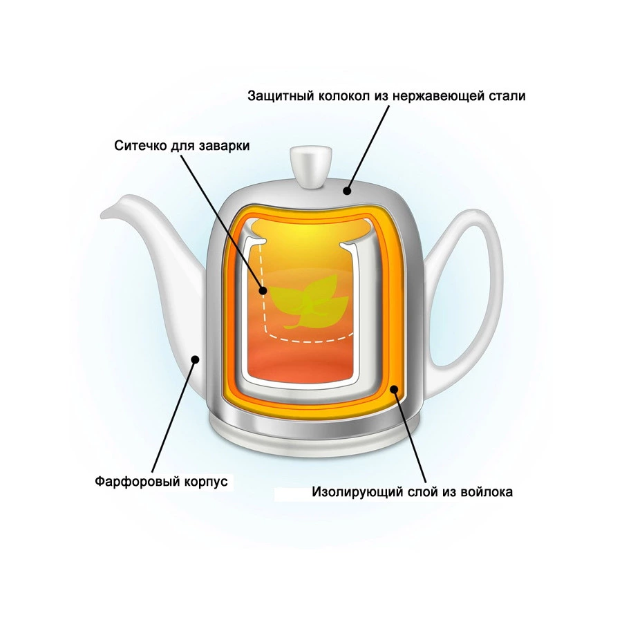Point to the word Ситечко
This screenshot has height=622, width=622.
click(140, 146)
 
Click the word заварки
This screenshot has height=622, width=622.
click(224, 146)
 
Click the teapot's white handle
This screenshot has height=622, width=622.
click(468, 285)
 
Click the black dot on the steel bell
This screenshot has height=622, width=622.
click(348, 191)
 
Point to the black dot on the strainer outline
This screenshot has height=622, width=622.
click(263, 290)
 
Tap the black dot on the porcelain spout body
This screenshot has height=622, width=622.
click(195, 359)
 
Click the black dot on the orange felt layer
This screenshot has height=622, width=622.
click(394, 389)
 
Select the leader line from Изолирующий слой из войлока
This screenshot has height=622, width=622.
click(410, 436)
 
